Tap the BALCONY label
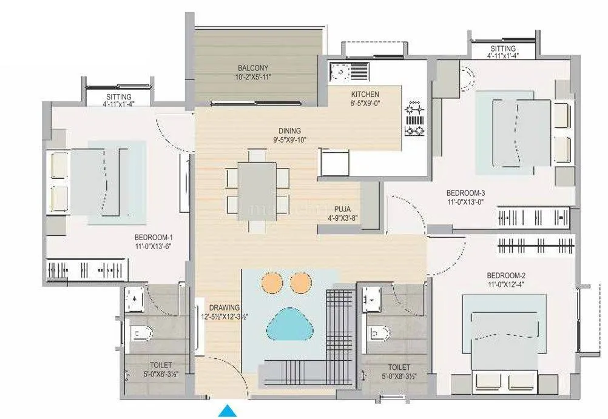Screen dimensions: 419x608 pyautogui.click(x=253, y=68)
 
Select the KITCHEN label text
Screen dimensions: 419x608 pyautogui.click(x=365, y=95)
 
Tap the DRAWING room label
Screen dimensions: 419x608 pyautogui.click(x=225, y=307)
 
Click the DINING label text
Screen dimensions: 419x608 pyautogui.click(x=289, y=131)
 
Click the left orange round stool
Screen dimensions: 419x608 pyautogui.click(x=271, y=282)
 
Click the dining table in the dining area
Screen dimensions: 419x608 pyautogui.click(x=257, y=187)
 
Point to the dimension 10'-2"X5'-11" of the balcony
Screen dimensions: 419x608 pyautogui.click(x=253, y=77)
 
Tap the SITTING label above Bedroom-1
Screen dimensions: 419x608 pyautogui.click(x=118, y=96)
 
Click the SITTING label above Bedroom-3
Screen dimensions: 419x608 pyautogui.click(x=502, y=49)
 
